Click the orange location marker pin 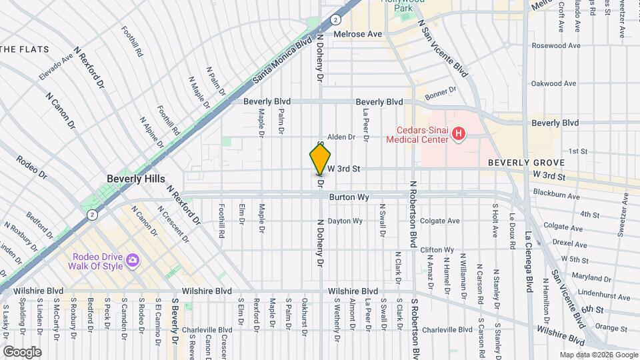[320, 159]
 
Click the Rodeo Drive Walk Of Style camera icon [133, 259]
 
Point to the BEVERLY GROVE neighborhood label [526, 163]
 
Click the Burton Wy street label [349, 197]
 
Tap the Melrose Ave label [358, 34]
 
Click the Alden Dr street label [341, 137]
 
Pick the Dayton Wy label [345, 221]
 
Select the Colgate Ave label [440, 221]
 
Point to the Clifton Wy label [437, 250]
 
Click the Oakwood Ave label [553, 83]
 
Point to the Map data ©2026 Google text [598, 355]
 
